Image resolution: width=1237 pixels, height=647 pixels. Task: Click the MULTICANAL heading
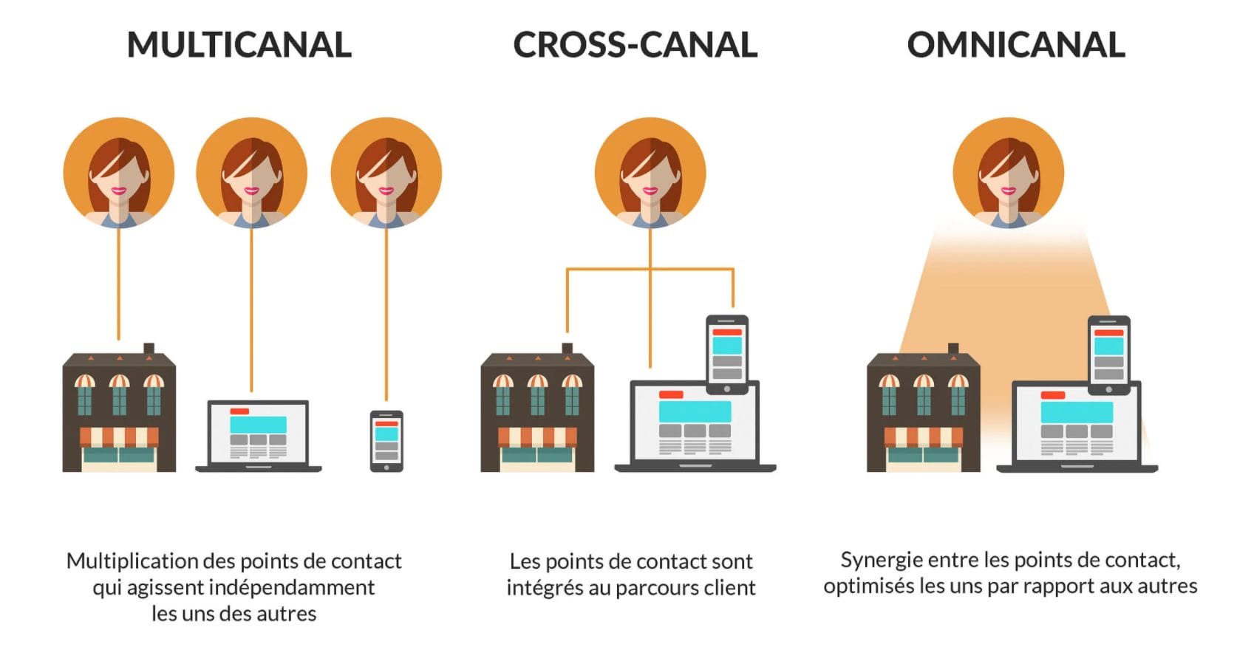point(239,45)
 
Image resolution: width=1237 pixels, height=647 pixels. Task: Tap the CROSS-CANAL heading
point(635,45)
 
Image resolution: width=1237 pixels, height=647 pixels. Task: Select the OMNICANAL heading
point(1016,45)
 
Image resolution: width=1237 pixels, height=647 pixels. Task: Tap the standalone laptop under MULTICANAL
point(258,436)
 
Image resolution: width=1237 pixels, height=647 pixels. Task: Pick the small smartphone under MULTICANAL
point(386,441)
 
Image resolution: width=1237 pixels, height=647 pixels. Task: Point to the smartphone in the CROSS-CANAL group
point(727,353)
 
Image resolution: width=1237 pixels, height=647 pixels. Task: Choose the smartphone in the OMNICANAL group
point(1109,353)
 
